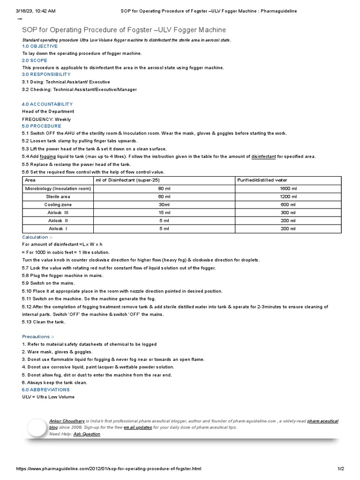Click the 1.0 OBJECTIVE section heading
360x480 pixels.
click(x=40, y=46)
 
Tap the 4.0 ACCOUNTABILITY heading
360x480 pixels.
click(x=47, y=104)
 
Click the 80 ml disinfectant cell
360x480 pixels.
click(x=164, y=188)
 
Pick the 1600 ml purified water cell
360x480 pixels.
click(x=288, y=188)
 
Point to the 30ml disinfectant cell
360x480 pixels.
click(x=164, y=205)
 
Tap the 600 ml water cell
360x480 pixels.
click(x=288, y=205)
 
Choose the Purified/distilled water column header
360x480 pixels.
click(x=262, y=180)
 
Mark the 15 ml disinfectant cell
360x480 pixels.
click(x=164, y=213)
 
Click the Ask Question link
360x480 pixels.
click(x=87, y=434)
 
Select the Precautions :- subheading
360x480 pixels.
click(x=38, y=337)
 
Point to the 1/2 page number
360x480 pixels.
click(x=341, y=469)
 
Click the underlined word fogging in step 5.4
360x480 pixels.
click(x=47, y=156)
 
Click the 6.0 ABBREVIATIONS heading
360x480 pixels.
click(x=46, y=390)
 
